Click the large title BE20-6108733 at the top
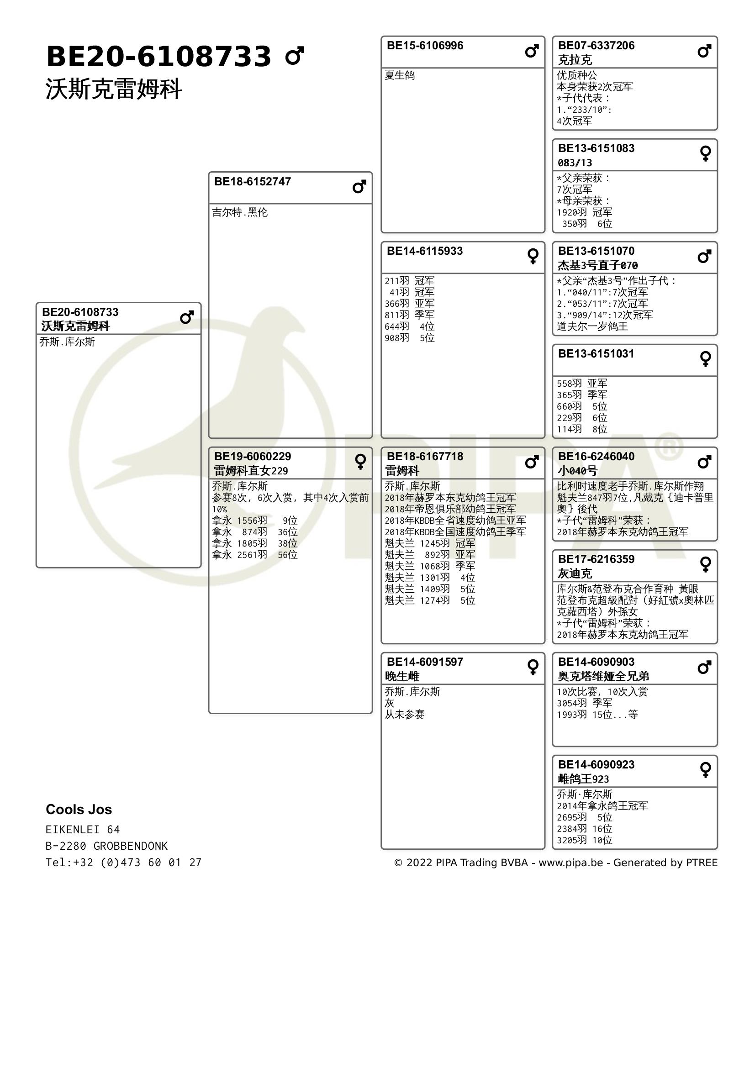pos(158,57)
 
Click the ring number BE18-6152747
pos(252,181)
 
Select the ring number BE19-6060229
pos(252,456)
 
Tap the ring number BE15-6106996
pos(425,46)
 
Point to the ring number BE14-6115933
pos(425,251)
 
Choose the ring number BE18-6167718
pos(425,456)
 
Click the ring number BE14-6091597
pos(425,662)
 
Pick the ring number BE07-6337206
pos(596,46)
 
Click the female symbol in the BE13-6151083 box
pos(705,153)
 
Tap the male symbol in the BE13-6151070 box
pos(704,256)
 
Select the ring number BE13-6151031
pos(596,353)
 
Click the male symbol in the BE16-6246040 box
pos(704,462)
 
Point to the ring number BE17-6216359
pos(596,559)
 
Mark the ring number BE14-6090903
pos(596,662)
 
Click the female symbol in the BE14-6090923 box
pos(705,769)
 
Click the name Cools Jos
pos(79,810)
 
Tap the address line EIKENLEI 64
pos(82,830)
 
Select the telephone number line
pos(123,863)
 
